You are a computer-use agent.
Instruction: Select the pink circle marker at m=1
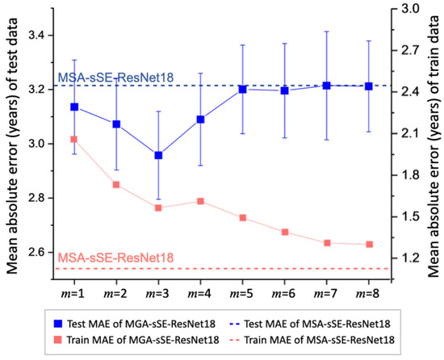(x=74, y=140)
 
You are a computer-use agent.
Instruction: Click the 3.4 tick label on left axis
(x=36, y=36)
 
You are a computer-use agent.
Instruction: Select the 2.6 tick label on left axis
(x=36, y=252)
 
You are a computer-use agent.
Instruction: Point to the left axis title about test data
(x=11, y=142)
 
